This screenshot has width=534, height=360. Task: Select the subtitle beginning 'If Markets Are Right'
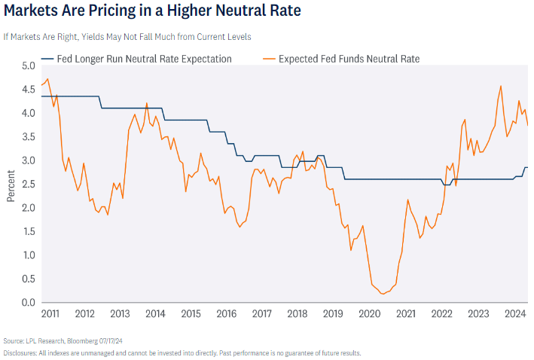tap(127, 36)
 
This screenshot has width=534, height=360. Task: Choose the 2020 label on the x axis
tap(370, 313)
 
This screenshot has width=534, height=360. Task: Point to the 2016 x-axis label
tap(227, 313)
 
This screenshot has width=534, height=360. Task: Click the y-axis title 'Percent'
tap(11, 185)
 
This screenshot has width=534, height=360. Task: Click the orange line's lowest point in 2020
tap(383, 294)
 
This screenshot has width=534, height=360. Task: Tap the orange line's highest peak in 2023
tap(501, 86)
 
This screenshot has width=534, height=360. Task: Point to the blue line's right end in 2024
tap(527, 167)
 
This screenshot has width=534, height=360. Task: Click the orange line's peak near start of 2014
tap(146, 103)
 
